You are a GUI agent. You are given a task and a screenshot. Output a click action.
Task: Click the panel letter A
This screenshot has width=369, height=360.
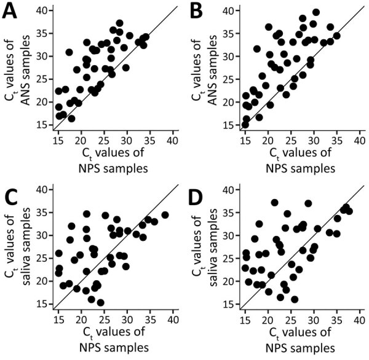point(10,13)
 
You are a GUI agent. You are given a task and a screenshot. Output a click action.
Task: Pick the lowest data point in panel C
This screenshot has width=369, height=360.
point(100,302)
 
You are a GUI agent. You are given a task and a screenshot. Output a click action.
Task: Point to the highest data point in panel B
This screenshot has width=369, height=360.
point(316,12)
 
